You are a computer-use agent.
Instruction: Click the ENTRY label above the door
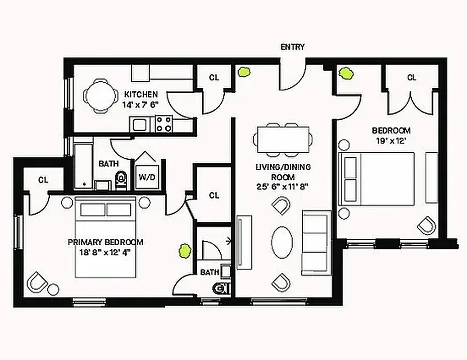click(x=292, y=47)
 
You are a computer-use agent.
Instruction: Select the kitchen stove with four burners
click(x=164, y=124)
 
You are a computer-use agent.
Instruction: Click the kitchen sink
click(x=139, y=124)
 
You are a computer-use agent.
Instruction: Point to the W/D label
click(x=146, y=177)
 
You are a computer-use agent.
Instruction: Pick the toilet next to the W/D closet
click(x=121, y=180)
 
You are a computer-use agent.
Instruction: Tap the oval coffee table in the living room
click(x=282, y=242)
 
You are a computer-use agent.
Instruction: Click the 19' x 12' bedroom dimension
click(x=391, y=140)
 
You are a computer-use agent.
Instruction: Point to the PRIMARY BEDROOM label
click(x=105, y=242)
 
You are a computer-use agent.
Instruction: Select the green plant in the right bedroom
click(x=346, y=72)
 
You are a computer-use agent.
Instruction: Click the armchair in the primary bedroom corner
click(x=37, y=282)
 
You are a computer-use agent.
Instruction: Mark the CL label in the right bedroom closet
click(x=412, y=77)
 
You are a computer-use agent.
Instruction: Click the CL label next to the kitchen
click(x=214, y=77)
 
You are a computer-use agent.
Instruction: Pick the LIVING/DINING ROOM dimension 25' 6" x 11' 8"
click(x=282, y=186)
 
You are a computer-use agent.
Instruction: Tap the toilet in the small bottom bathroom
click(x=221, y=288)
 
